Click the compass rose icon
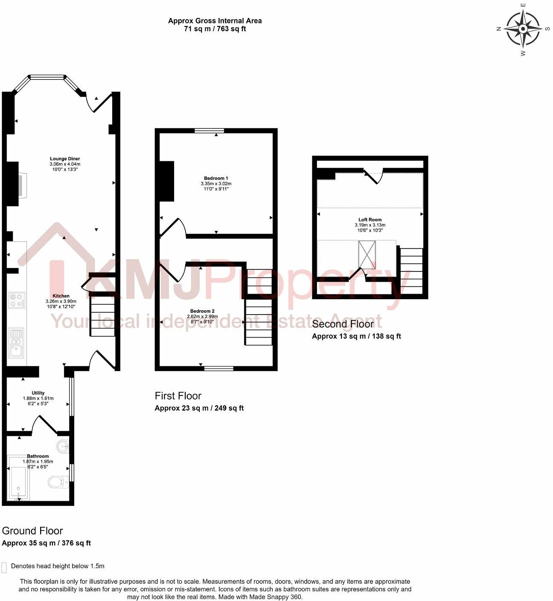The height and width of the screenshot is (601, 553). click(523, 29)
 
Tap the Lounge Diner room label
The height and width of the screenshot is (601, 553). click(65, 159)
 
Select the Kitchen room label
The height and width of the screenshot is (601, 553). click(61, 296)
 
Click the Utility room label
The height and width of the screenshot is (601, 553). click(38, 393)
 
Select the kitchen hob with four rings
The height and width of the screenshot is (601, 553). click(17, 300)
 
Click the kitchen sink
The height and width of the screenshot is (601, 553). click(17, 344)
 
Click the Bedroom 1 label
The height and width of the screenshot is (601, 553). click(216, 178)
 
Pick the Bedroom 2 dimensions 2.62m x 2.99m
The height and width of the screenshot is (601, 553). click(202, 316)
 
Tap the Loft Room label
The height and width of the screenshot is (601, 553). click(370, 219)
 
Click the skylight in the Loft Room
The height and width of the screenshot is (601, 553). click(367, 255)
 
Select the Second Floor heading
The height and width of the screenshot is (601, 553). click(343, 324)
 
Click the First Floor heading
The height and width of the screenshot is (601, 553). click(178, 396)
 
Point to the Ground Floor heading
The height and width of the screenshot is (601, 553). click(32, 531)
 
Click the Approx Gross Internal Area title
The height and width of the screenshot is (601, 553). click(215, 20)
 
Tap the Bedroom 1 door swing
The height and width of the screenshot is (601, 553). click(175, 228)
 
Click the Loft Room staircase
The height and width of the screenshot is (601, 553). click(411, 271)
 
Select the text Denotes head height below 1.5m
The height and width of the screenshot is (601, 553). click(58, 566)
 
